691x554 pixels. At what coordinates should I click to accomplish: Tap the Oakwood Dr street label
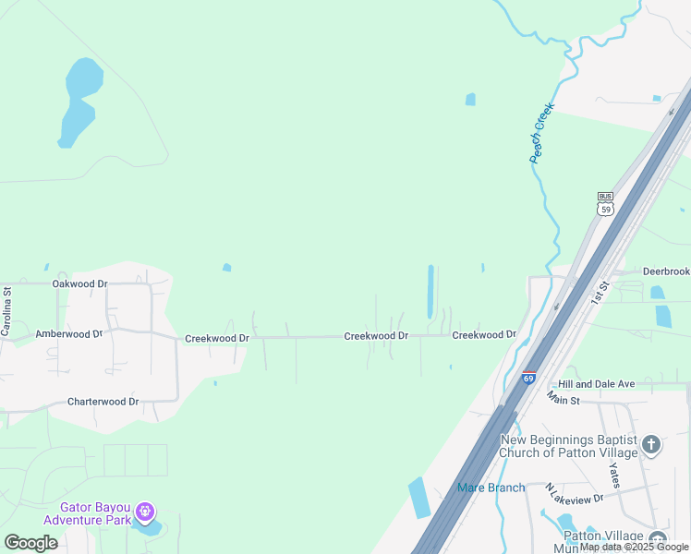pyautogui.click(x=79, y=283)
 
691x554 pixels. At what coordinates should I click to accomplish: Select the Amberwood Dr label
pyautogui.click(x=68, y=333)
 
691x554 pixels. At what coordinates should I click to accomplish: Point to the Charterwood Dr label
pyautogui.click(x=103, y=402)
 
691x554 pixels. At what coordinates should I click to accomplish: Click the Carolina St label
pyautogui.click(x=6, y=311)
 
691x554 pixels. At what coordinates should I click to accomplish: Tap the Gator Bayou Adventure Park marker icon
pyautogui.click(x=143, y=511)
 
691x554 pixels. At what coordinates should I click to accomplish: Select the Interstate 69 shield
pyautogui.click(x=528, y=377)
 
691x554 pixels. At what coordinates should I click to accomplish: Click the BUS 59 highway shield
pyautogui.click(x=605, y=203)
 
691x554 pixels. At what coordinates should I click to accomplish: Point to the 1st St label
pyautogui.click(x=600, y=294)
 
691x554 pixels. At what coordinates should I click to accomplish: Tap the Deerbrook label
pyautogui.click(x=665, y=271)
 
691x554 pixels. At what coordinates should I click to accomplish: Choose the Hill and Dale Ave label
pyautogui.click(x=597, y=383)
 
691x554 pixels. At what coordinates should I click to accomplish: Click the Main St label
pyautogui.click(x=562, y=399)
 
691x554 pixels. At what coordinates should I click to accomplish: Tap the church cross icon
pyautogui.click(x=651, y=446)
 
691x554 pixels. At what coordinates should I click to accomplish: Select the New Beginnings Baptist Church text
pyautogui.click(x=568, y=446)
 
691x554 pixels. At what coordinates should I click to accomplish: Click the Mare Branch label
pyautogui.click(x=491, y=488)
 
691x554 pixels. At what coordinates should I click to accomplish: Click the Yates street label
pyautogui.click(x=614, y=476)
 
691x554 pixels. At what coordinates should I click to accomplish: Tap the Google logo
pyautogui.click(x=30, y=543)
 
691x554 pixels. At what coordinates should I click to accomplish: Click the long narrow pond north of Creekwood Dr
pyautogui.click(x=430, y=291)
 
